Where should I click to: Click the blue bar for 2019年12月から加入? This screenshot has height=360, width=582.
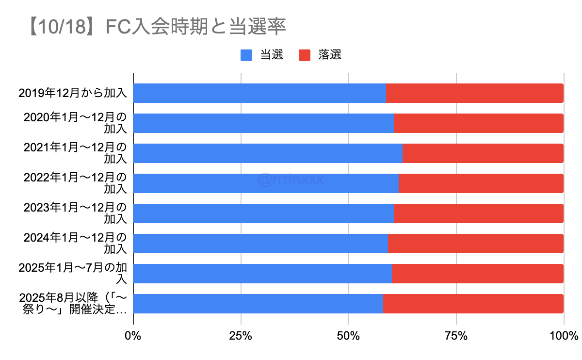click(259, 93)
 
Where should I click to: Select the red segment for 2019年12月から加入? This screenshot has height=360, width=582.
click(474, 93)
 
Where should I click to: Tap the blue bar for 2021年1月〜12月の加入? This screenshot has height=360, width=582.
click(268, 153)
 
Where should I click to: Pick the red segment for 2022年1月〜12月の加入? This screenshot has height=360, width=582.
click(481, 183)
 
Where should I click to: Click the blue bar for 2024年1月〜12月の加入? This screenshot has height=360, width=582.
click(260, 244)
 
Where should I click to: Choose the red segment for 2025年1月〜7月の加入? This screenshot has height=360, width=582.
click(477, 274)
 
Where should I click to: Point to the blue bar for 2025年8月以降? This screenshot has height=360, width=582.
click(258, 304)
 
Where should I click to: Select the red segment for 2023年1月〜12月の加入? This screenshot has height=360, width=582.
click(478, 213)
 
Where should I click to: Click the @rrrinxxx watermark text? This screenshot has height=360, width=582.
click(291, 180)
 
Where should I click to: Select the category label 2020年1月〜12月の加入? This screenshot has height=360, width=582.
click(75, 123)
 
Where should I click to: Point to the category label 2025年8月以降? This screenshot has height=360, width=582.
click(73, 304)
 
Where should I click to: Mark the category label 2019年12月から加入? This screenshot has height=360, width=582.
click(73, 93)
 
